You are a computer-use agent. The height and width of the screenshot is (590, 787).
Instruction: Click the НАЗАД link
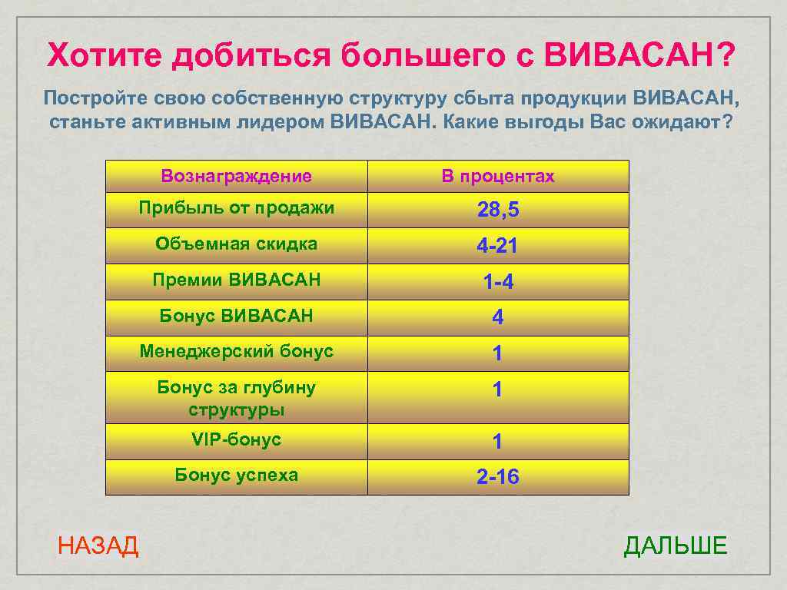98,546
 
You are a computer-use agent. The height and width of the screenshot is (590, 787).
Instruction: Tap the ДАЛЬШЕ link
675,546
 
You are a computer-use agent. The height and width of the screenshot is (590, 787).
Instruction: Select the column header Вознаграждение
236,176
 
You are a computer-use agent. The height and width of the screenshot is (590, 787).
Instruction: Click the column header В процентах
497,176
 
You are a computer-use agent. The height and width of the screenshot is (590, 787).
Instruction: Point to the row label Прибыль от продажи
236,207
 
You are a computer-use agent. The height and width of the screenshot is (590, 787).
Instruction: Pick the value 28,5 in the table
497,210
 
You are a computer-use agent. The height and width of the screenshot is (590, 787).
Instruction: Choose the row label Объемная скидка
236,244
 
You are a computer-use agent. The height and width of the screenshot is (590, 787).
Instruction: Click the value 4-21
497,247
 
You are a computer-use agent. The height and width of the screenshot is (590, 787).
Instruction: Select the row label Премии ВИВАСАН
236,280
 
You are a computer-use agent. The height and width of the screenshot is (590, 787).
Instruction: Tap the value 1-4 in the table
497,283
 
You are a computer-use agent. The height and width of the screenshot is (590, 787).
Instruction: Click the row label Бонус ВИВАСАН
236,316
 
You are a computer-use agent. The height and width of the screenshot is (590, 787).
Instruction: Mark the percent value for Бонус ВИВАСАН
497,318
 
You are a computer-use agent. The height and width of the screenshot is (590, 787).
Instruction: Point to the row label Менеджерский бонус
236,352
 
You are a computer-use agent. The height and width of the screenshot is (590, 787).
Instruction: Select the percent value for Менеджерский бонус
497,354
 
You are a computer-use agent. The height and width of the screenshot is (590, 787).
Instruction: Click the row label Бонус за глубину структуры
236,398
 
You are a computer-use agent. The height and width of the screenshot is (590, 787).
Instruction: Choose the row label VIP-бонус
236,439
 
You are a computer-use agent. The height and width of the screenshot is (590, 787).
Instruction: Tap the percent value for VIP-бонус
497,442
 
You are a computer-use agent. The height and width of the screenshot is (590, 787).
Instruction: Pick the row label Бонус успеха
236,475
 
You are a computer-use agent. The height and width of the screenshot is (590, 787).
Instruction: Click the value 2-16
497,478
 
